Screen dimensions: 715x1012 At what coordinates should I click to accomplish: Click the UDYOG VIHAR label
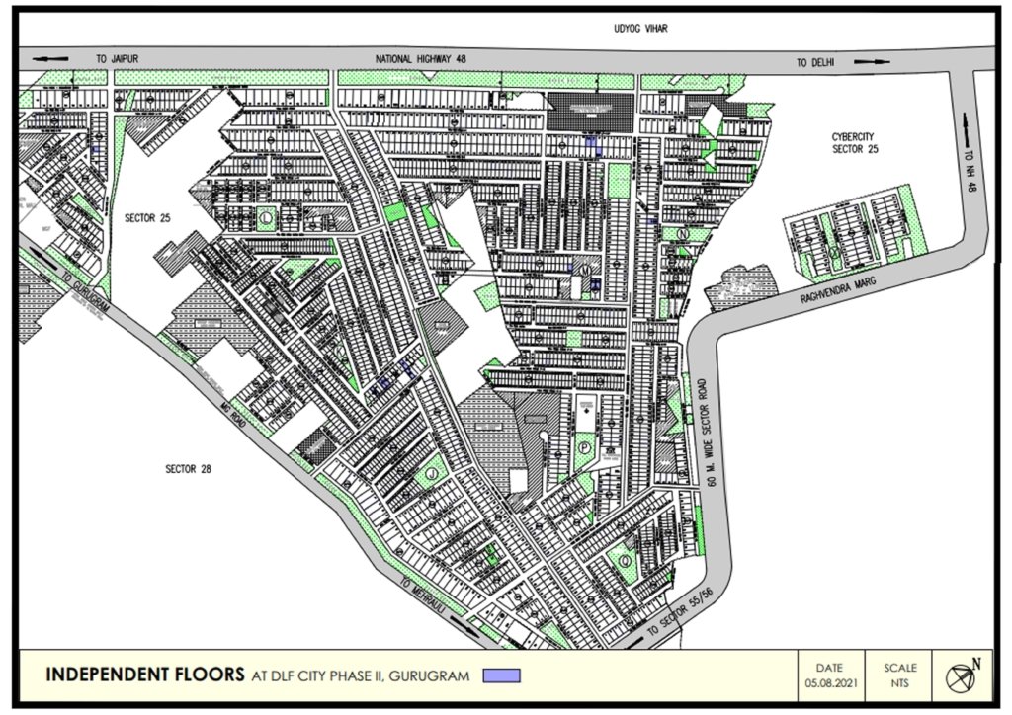(640, 29)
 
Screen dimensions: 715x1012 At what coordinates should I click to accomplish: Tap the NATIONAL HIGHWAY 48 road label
(421, 60)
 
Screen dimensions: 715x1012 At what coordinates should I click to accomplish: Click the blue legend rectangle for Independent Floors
(501, 676)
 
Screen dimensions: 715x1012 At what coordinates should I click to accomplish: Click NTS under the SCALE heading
(900, 683)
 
